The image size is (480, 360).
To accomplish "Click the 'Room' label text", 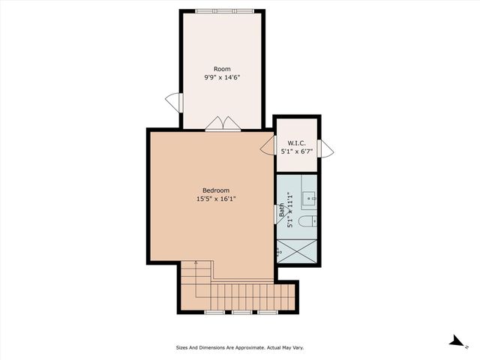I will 221,69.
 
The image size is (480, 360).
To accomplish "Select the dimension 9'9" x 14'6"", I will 221,77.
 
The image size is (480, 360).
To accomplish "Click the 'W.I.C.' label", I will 296,142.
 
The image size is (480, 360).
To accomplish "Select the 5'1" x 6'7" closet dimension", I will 296,151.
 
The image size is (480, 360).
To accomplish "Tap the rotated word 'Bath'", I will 282,211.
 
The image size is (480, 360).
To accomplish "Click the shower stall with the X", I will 298,250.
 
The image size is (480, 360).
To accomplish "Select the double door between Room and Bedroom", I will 223,124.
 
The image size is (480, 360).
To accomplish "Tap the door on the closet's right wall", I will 325,148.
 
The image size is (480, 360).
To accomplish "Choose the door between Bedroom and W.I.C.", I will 268,146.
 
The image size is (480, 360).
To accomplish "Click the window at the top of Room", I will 221,10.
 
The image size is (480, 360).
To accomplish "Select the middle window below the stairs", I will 241,311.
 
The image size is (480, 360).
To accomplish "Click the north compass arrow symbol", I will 455,341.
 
